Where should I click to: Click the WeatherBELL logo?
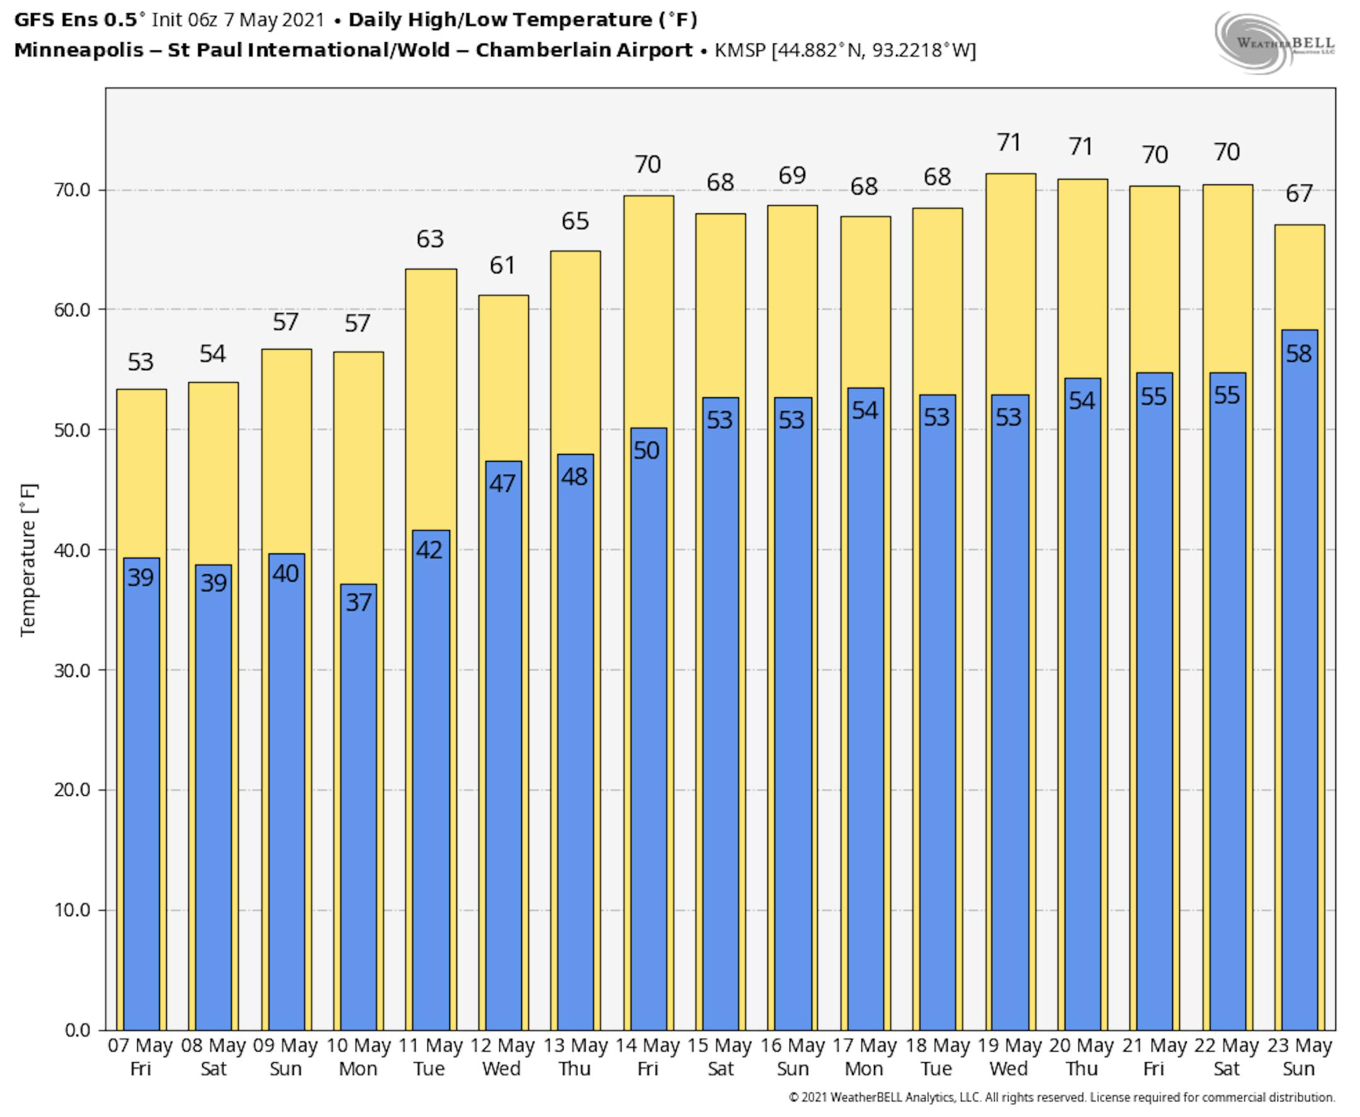coord(1274,43)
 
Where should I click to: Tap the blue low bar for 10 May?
coord(358,804)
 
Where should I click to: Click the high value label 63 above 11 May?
coord(430,239)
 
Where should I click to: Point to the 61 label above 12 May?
coord(502,266)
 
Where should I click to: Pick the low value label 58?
coord(1298,353)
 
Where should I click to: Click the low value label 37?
coord(358,602)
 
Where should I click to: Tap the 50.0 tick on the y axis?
coord(72,430)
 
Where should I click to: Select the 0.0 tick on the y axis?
coord(77,1030)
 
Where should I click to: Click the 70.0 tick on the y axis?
coord(72,190)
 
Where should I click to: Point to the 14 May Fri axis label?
coord(647,1057)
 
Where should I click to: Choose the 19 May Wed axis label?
coord(1009,1057)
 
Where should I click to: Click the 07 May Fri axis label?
coord(140,1057)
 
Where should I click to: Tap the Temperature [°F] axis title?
coord(28,560)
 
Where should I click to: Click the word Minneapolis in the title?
coord(79,50)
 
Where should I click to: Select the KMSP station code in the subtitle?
coord(739,50)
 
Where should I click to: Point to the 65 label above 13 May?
coord(574,222)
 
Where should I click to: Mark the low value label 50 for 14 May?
coord(647,450)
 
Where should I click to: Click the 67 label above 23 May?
coord(1298,194)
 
